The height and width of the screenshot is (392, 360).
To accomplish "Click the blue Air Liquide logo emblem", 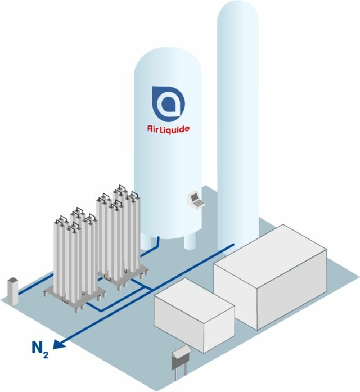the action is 169,103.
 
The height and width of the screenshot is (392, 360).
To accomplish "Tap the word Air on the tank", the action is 152,128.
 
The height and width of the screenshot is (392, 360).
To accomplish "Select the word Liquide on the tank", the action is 175,129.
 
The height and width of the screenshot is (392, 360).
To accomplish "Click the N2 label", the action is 40,349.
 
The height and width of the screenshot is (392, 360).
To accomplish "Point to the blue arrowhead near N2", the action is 59,344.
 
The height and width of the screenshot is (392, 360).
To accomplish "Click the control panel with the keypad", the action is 196,200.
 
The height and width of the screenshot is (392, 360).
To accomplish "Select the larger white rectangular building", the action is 271,277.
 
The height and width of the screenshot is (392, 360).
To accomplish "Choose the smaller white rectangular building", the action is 194,316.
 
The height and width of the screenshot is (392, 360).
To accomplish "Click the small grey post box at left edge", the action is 13,291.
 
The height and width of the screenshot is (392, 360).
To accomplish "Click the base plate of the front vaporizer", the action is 75,296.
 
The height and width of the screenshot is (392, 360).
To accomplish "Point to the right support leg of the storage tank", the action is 190,241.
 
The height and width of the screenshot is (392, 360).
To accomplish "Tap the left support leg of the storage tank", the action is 146,241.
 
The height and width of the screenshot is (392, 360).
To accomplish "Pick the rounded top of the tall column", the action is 237,11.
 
